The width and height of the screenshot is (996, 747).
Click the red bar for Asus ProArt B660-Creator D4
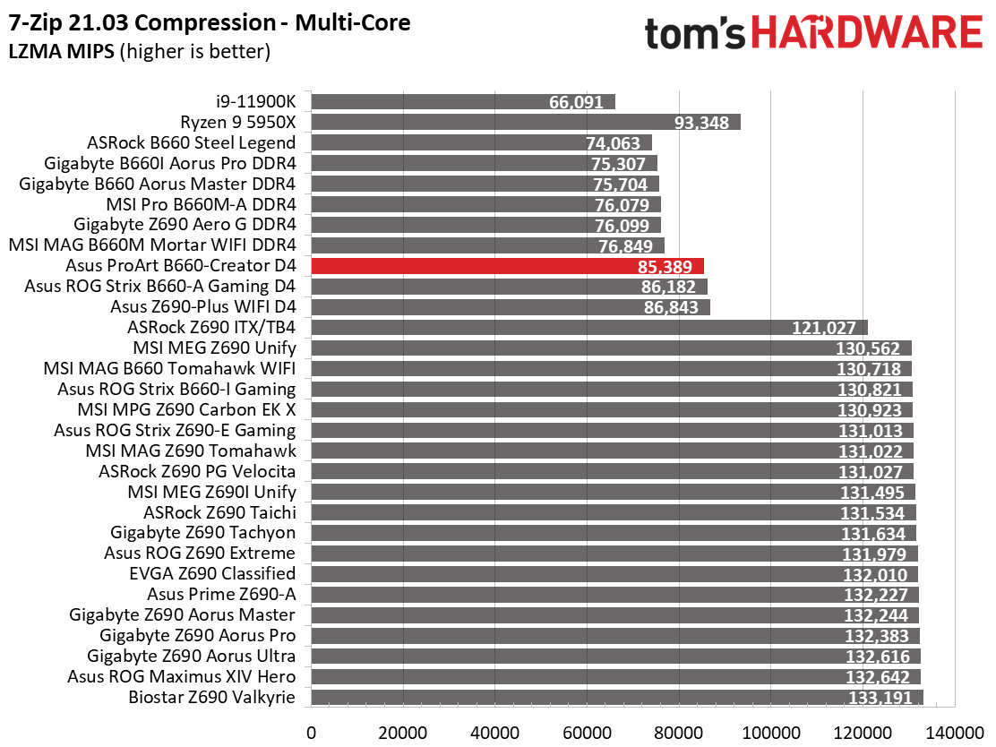[x=508, y=266]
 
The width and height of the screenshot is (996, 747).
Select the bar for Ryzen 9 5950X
[x=526, y=122]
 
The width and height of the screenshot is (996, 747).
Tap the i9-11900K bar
[x=463, y=101]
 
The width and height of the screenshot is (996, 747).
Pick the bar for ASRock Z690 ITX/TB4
[x=589, y=328]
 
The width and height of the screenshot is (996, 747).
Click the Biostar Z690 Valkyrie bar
[x=617, y=698]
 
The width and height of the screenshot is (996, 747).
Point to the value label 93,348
[x=701, y=123]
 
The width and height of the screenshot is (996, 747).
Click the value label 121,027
[x=824, y=329]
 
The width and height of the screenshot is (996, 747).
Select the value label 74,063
[x=613, y=143]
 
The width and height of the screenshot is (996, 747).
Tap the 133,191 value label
[x=880, y=698]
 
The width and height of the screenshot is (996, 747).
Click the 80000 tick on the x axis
[x=679, y=733]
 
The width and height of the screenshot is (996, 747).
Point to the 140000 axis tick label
[x=955, y=733]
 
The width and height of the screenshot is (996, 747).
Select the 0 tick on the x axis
[x=312, y=733]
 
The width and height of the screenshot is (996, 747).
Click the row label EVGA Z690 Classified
[x=212, y=573]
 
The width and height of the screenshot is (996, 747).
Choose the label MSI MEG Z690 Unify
[x=215, y=348]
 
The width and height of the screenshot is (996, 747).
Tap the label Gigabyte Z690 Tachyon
[x=202, y=533]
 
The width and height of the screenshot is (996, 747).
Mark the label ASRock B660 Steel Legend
[x=191, y=143]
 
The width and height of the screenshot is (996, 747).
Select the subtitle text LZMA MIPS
[x=62, y=51]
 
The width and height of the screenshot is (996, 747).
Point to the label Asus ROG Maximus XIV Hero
[x=182, y=676]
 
